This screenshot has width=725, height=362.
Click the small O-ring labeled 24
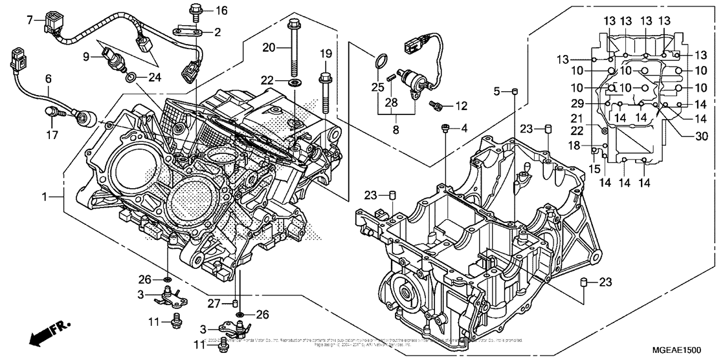pyautogui.click(x=132, y=78)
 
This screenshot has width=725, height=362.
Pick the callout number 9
pyautogui.click(x=89, y=56)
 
